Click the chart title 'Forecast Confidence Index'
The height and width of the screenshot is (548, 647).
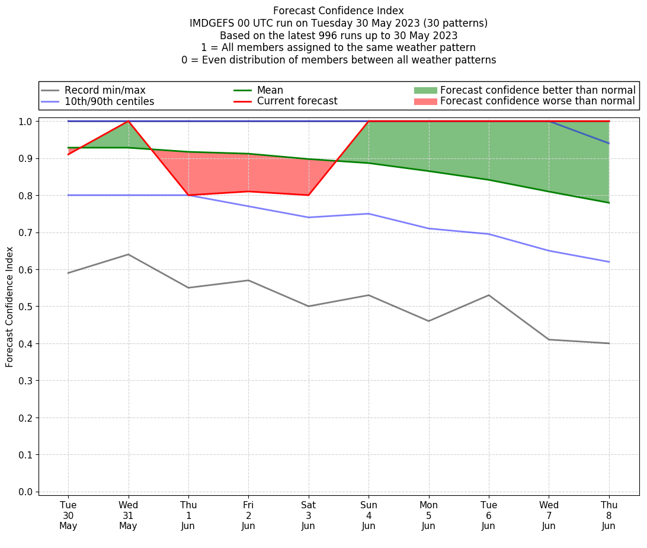point(338,11)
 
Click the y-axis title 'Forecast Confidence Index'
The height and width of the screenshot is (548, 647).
point(10,307)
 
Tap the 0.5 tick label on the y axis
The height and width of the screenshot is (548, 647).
point(25,307)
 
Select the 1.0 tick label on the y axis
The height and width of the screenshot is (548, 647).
point(25,122)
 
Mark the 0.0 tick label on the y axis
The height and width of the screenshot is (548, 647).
point(25,492)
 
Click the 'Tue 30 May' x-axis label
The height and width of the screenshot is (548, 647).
point(68,515)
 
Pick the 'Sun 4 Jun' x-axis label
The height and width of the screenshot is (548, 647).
point(369,515)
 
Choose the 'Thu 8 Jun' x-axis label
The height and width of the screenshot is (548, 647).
point(609,515)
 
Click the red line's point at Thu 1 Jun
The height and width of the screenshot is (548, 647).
point(188,195)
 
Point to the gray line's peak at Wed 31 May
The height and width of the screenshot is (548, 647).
point(128,254)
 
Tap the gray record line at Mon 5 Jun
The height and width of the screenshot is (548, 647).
point(428,321)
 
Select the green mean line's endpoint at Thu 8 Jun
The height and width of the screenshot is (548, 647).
point(609,203)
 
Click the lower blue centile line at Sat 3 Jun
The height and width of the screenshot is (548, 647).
point(309,217)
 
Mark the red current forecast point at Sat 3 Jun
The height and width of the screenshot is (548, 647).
point(309,195)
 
